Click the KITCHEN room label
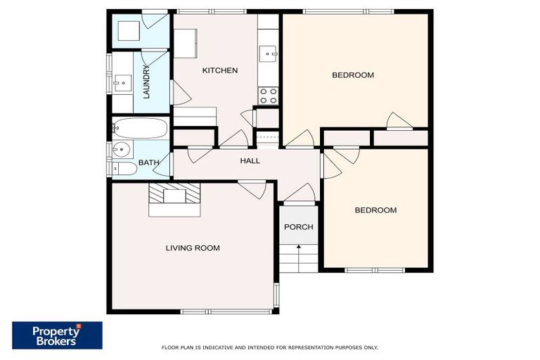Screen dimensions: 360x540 (x=219, y=70)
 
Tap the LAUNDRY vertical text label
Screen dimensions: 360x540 (x=147, y=82)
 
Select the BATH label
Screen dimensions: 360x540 (x=148, y=163)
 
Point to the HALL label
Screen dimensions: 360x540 (x=250, y=161)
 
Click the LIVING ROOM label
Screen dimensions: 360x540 (x=192, y=247)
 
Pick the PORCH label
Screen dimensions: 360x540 (x=298, y=227)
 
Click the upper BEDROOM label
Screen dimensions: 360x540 (x=352, y=75)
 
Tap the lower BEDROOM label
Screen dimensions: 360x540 (x=375, y=210)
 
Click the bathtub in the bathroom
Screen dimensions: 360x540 (x=141, y=129)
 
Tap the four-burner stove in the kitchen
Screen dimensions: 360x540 (x=268, y=96)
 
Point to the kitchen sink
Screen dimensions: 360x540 (x=268, y=53)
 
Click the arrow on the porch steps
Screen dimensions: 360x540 (x=299, y=248)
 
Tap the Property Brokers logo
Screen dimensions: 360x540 (x=57, y=335)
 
